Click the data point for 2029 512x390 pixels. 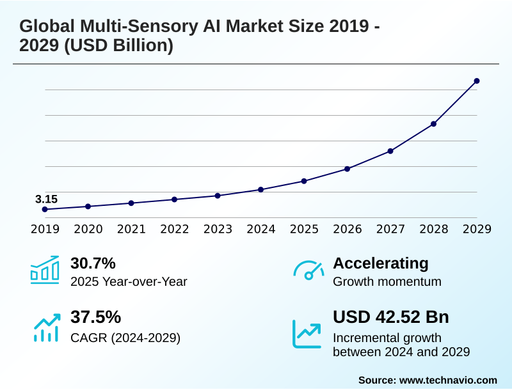pos(477,81)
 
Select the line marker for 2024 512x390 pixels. pos(261,190)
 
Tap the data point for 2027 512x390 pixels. pos(390,151)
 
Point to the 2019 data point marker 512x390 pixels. pos(45,209)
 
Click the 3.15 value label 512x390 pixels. pos(46,199)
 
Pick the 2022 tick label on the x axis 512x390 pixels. pos(175,229)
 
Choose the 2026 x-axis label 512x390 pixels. pos(348,229)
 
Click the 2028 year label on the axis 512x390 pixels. pos(434,229)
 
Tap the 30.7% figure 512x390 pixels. pos(93,263)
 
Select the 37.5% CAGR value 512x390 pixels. pos(95,317)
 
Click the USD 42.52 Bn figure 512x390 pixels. pos(391,317)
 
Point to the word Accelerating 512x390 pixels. pos(381,263)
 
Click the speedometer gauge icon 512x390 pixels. pos(308,270)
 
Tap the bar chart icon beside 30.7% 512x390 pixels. pos(45,270)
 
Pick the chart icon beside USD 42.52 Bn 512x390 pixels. pos(307,333)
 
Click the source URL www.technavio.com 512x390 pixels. pos(448,380)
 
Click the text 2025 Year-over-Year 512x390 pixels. pos(129,281)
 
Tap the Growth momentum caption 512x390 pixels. pos(387,281)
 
